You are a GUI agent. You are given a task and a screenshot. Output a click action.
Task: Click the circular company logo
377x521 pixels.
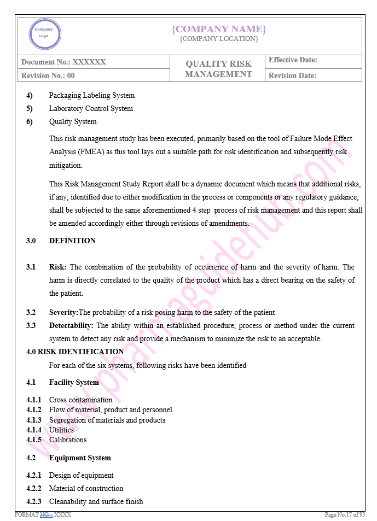click(44, 34)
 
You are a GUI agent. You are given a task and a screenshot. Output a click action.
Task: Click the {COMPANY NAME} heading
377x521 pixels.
click(218, 29)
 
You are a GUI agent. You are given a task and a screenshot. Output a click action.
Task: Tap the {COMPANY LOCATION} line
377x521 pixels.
click(218, 39)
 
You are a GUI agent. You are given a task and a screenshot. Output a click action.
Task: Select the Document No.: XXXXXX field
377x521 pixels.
click(63, 62)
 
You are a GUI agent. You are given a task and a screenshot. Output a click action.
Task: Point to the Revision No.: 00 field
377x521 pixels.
click(48, 75)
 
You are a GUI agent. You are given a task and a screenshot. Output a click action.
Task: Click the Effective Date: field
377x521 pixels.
click(293, 60)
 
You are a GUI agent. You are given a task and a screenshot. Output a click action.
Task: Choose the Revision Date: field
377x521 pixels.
click(292, 75)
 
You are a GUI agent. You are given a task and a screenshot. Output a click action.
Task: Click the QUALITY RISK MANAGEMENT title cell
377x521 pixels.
click(218, 69)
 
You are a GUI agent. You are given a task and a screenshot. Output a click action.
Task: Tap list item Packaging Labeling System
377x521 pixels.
click(91, 95)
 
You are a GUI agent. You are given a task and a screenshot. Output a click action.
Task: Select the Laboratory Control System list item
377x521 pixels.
click(91, 108)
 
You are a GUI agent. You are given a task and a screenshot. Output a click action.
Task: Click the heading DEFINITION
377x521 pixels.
click(72, 241)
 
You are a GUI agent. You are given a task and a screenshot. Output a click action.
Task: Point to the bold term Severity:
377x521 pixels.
click(64, 312)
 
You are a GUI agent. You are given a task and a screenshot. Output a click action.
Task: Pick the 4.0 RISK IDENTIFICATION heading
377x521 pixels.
click(75, 352)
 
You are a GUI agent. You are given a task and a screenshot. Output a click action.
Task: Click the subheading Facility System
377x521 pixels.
click(74, 382)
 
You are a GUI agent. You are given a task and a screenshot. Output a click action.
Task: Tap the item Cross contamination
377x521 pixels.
click(80, 400)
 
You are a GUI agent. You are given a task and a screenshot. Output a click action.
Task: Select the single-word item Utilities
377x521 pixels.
click(61, 430)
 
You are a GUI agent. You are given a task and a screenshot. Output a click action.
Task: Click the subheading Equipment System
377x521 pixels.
click(80, 458)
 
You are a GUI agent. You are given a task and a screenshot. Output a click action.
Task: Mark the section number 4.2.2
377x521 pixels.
click(33, 488)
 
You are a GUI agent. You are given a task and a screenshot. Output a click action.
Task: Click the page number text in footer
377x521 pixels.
click(344, 515)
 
